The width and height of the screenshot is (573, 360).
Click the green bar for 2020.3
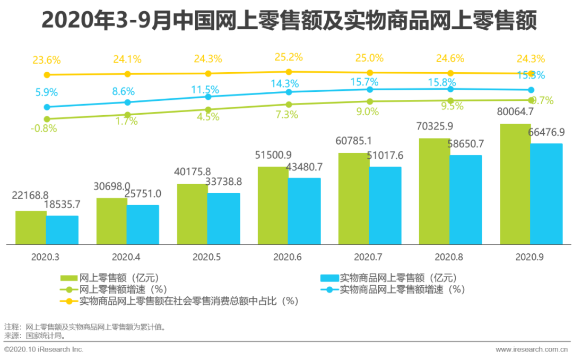31,227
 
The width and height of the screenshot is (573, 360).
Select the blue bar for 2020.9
546,194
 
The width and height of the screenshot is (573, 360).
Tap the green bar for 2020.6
273,205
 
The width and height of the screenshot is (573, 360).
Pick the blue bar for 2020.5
224,218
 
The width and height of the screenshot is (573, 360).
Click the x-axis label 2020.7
368,257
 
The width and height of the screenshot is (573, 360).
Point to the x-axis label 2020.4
126,257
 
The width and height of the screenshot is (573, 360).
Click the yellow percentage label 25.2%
289,57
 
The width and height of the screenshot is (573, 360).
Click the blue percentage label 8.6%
123,92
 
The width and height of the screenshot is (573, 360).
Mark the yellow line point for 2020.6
289,72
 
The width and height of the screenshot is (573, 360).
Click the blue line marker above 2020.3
47,107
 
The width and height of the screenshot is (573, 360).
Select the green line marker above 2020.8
450,100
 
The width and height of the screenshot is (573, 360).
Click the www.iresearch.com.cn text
531,349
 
